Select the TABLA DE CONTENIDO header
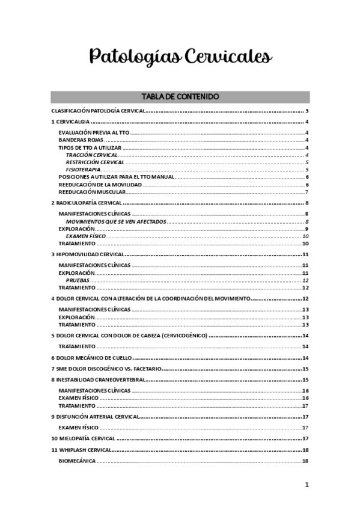click(180, 97)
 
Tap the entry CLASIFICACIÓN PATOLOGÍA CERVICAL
click(99, 111)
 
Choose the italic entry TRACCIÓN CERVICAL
click(91, 155)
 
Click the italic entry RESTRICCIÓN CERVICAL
click(95, 162)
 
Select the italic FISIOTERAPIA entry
click(83, 170)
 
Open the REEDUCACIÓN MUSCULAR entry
click(92, 192)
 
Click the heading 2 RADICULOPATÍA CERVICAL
click(87, 203)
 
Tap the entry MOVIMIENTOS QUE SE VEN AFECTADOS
click(116, 222)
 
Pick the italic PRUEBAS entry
click(78, 280)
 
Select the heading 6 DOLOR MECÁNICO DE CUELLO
click(90, 357)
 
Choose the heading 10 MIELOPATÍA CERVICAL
click(83, 438)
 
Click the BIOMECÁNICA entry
click(77, 461)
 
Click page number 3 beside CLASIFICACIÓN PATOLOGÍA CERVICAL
click(307, 111)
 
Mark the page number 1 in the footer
click(306, 485)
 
